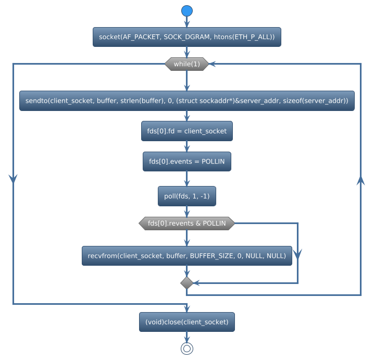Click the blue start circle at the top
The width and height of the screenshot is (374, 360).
pos(186,11)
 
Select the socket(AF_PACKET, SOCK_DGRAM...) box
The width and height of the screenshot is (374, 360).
pos(186,37)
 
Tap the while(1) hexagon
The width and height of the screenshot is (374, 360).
pos(186,64)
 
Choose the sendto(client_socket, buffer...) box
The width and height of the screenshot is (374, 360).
pos(186,101)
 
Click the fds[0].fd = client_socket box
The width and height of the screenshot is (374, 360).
pos(186,131)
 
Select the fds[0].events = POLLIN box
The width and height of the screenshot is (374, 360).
pos(186,162)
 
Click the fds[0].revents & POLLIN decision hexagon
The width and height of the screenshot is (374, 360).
pos(186,224)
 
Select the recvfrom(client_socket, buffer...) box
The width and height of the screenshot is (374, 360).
pos(186,256)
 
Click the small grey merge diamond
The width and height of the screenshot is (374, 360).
pos(186,283)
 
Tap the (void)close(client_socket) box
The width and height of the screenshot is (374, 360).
pos(186,322)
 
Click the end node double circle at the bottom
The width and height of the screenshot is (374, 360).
pos(186,349)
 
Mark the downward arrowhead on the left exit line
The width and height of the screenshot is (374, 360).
pos(13,178)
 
